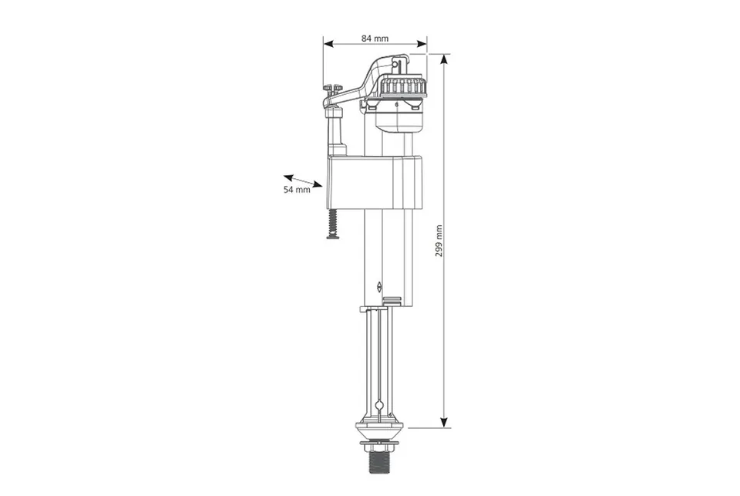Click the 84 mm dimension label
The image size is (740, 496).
tap(375, 39)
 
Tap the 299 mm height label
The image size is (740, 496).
tap(439, 241)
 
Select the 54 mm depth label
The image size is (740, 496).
tap(297, 190)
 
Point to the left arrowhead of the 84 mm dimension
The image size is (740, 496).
tap(328, 44)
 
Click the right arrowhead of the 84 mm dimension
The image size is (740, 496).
tap(422, 44)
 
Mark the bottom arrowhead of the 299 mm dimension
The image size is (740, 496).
tap(444, 423)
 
